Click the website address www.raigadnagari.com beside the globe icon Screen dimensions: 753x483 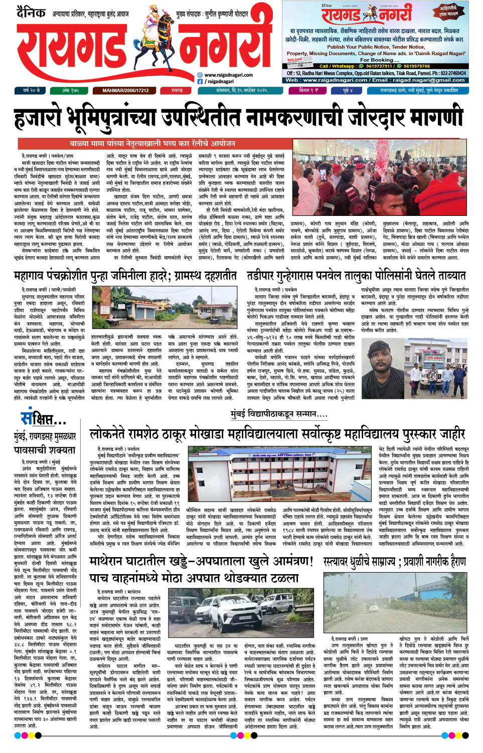pyautogui.click(x=229, y=75)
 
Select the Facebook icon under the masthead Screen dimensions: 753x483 pyautogui.click(x=200, y=81)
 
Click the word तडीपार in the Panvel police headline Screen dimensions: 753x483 pyautogui.click(x=264, y=276)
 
